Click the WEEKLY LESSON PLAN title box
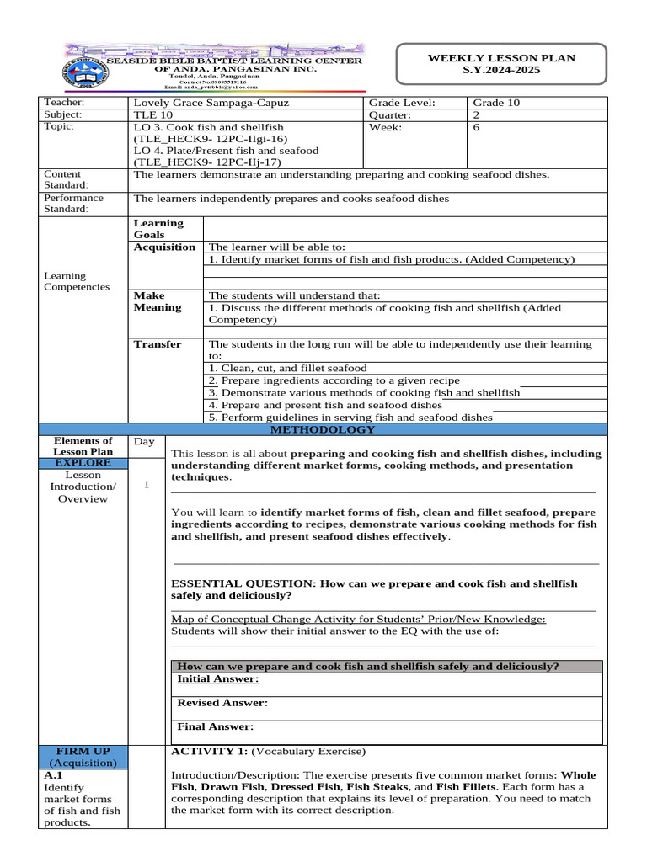[x=501, y=64]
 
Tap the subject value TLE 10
[x=151, y=114]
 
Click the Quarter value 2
[x=478, y=114]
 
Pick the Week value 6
[x=478, y=127]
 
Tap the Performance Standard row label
[x=73, y=204]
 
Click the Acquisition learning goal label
[x=164, y=247]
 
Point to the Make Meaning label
[x=158, y=301]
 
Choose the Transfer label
[x=158, y=344]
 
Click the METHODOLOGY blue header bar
[x=323, y=429]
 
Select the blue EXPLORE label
[x=83, y=463]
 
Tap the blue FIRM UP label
[x=83, y=750]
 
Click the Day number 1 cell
[x=147, y=485]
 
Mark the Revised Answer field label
[x=222, y=703]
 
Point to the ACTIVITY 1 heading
[x=209, y=750]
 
